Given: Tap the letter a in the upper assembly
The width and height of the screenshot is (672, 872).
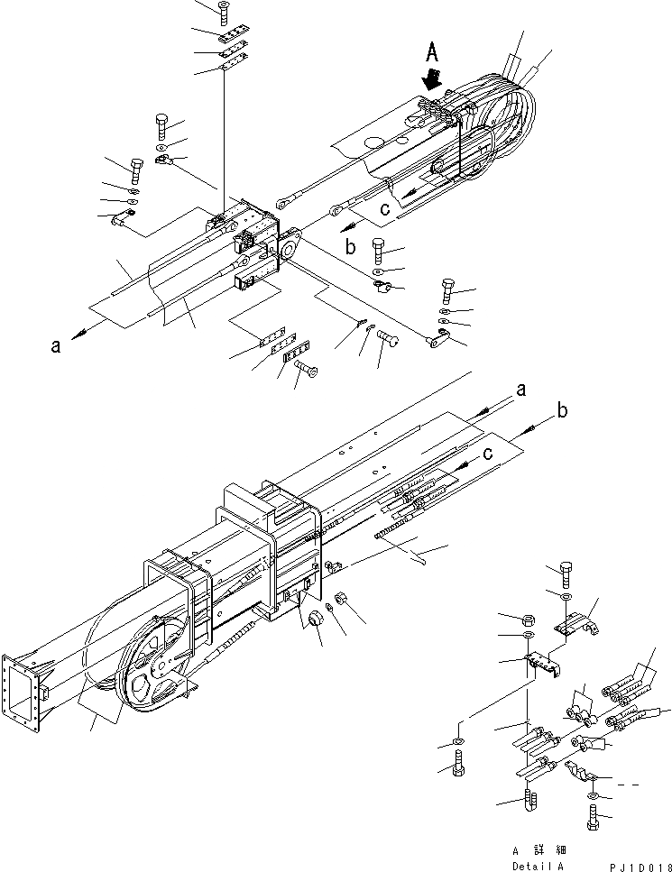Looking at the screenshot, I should click(x=56, y=344).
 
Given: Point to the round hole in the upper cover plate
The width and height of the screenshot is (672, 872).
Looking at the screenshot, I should click(x=373, y=142).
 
